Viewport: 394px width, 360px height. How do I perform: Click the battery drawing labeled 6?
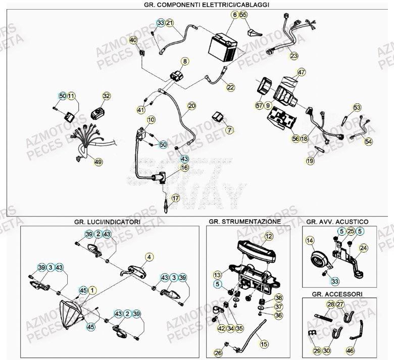click(223, 47)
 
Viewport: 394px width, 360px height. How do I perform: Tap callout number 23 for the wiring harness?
click(293, 56)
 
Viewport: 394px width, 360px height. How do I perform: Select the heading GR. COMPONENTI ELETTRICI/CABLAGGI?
click(199, 4)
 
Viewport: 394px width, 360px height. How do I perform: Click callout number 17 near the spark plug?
click(175, 198)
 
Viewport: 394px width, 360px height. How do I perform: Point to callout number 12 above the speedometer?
click(268, 236)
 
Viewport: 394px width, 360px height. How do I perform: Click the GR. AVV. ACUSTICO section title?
click(337, 222)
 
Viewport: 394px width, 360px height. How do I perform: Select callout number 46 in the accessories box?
click(350, 349)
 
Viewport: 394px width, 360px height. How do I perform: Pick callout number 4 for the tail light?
click(149, 257)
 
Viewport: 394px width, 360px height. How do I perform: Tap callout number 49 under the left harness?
click(98, 162)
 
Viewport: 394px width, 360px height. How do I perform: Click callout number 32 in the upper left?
click(106, 95)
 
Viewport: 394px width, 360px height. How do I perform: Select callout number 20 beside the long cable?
click(191, 106)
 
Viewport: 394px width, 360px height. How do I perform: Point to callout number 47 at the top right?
click(302, 72)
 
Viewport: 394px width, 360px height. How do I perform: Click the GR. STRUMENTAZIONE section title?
click(244, 222)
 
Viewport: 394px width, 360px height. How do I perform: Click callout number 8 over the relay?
click(185, 61)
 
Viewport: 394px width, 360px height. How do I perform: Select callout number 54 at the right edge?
click(368, 142)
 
